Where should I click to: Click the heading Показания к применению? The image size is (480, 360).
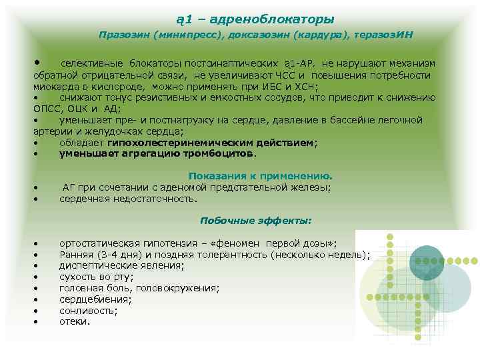coord(261,176)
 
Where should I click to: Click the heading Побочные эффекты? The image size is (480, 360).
coord(256,220)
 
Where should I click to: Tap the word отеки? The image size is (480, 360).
coord(74,321)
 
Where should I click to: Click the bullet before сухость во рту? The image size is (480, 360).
coord(35,277)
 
